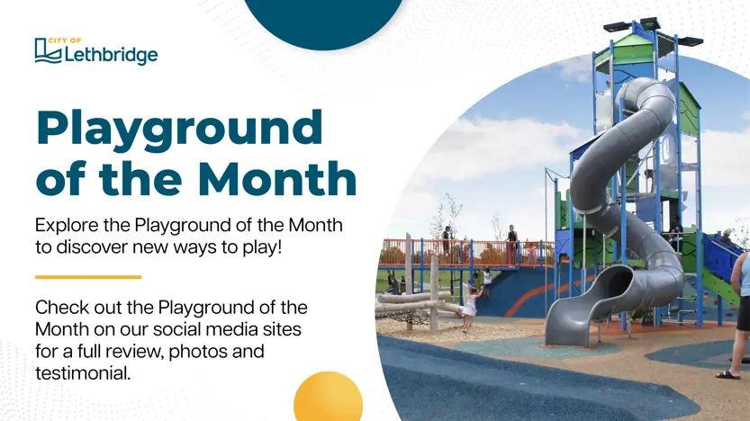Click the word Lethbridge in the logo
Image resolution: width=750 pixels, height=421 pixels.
[111, 55]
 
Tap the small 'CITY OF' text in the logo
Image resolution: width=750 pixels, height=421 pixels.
[65, 40]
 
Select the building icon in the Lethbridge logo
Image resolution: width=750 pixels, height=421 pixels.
[48, 50]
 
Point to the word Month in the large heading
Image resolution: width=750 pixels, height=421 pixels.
[277, 178]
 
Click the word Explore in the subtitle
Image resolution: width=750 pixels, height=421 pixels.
[67, 226]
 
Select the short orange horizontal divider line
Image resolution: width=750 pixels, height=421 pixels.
[88, 277]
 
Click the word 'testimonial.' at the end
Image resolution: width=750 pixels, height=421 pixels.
[83, 373]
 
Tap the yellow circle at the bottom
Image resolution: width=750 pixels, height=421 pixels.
[328, 396]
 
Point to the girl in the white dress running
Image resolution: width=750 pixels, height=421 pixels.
[470, 309]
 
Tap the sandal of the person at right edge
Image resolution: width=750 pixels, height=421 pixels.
[727, 375]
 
